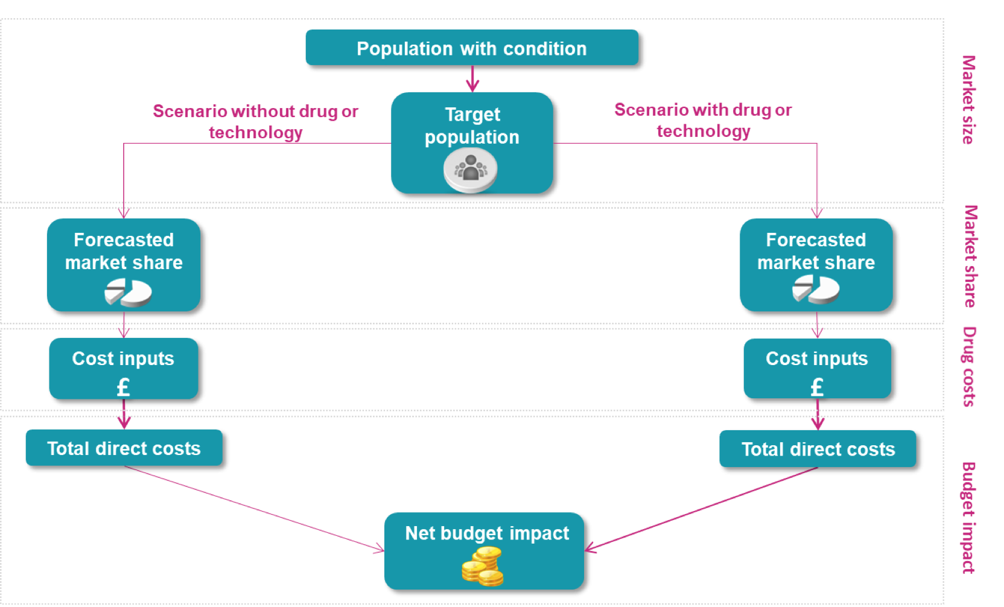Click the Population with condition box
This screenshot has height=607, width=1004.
click(471, 48)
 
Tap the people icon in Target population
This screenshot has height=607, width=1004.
click(471, 170)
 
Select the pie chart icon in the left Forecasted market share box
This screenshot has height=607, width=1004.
click(128, 292)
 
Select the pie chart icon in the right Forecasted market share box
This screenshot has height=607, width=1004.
click(816, 289)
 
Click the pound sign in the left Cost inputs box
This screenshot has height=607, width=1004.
click(123, 387)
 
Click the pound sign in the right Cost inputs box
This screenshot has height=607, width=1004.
click(817, 387)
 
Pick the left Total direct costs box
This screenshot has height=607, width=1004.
click(124, 448)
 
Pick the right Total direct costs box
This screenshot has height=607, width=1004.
click(818, 448)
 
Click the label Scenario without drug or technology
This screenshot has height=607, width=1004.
click(255, 121)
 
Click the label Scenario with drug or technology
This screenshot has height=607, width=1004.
click(703, 120)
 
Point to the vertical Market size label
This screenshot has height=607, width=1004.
click(968, 100)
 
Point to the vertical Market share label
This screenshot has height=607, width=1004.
click(970, 256)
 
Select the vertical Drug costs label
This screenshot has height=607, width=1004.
click(969, 366)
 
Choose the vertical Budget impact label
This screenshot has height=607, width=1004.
click(968, 517)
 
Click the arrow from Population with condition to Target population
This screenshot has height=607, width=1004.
click(473, 79)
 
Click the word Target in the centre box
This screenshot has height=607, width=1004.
click(472, 114)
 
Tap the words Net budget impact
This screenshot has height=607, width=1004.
click(487, 533)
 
